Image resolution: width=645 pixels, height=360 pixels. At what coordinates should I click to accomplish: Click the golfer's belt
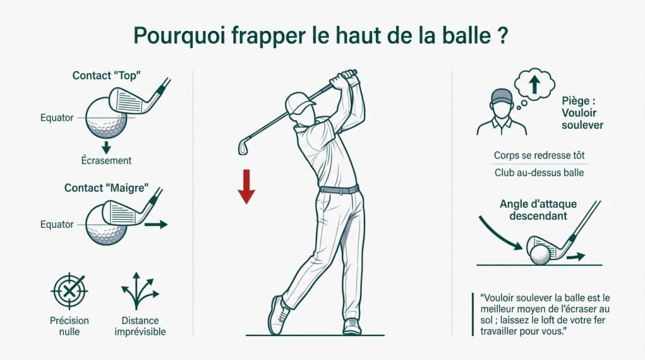339,190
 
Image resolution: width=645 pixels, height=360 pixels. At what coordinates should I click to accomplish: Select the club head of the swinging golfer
243,146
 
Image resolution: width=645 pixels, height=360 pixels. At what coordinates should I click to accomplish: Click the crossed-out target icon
69,290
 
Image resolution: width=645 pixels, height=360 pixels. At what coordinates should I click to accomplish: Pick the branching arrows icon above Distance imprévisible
139,290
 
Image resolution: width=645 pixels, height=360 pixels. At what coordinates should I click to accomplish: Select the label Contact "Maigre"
106,188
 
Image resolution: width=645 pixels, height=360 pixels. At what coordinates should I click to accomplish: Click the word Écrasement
107,161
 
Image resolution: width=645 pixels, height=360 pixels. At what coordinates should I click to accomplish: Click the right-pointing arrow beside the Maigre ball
155,225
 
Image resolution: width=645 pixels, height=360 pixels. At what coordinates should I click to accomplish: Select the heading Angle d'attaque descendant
538,210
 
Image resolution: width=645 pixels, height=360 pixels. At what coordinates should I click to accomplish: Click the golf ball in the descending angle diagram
540,254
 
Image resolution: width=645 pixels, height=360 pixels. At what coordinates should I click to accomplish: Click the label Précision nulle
69,326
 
